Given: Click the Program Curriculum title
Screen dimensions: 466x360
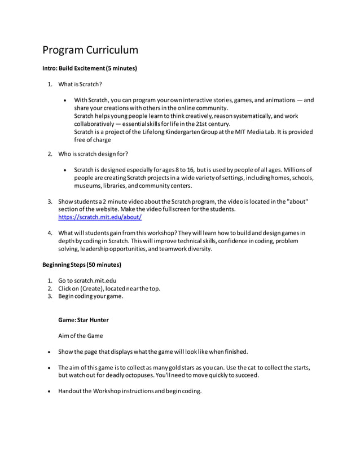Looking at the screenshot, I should pos(90,50).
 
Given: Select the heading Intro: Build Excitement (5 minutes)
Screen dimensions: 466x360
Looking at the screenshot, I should pos(90,68).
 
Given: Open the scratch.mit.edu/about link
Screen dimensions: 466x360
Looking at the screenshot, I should pos(100,217).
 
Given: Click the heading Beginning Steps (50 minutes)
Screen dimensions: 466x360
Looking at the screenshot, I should pos(82,265).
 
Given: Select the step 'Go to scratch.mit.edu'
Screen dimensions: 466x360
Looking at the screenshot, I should pos(87,280).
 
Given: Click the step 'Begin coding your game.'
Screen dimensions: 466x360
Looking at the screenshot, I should pos(90,296).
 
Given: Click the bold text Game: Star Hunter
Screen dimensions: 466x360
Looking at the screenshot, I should pos(84,320).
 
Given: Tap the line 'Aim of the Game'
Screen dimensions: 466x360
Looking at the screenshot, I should pos(81,336).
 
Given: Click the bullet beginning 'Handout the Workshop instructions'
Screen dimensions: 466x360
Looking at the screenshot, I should pos(130,391).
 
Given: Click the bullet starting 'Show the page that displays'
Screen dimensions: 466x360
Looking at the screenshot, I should pos(153,351).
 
